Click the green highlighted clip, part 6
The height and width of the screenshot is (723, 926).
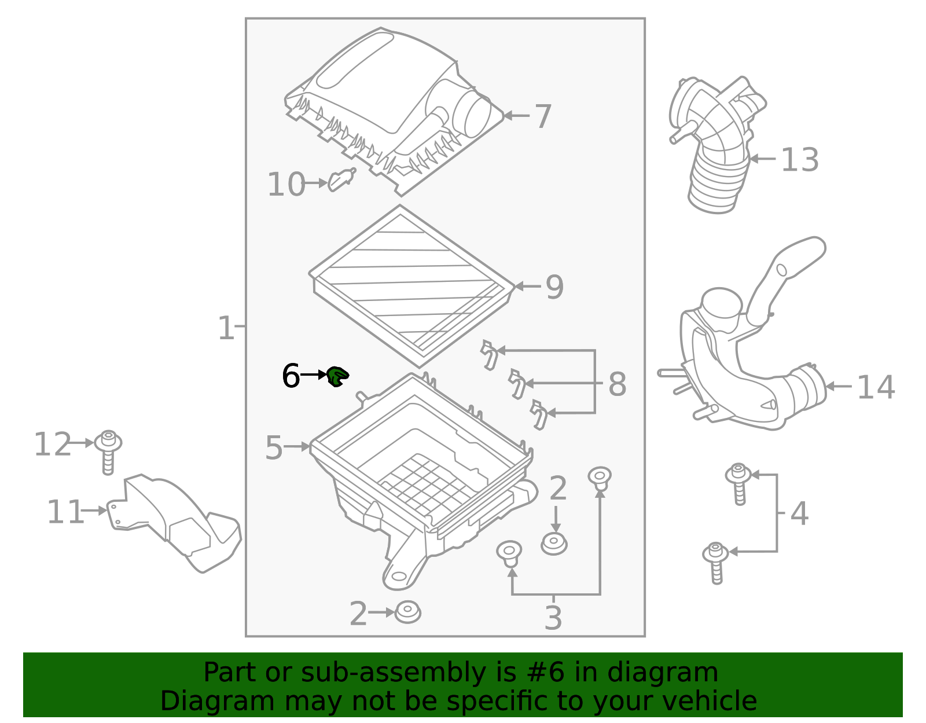click(x=337, y=376)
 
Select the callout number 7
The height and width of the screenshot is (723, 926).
click(x=542, y=117)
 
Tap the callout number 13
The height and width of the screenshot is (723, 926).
click(x=799, y=160)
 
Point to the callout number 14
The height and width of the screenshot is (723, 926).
click(x=875, y=387)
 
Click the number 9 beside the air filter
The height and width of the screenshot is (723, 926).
click(x=554, y=287)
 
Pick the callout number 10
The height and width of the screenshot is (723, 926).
click(x=285, y=185)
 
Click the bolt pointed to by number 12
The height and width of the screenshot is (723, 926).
click(x=108, y=451)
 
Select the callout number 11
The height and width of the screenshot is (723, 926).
click(x=65, y=512)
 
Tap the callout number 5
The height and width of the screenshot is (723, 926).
click(x=274, y=448)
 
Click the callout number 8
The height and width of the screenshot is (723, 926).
click(x=617, y=385)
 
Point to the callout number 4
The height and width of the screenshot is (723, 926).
click(x=799, y=514)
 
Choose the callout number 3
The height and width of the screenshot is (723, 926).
click(x=553, y=618)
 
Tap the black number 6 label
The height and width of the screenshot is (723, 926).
click(x=291, y=376)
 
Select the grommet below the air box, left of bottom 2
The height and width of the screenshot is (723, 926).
click(x=407, y=612)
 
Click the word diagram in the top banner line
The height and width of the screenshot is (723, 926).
click(x=679, y=673)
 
